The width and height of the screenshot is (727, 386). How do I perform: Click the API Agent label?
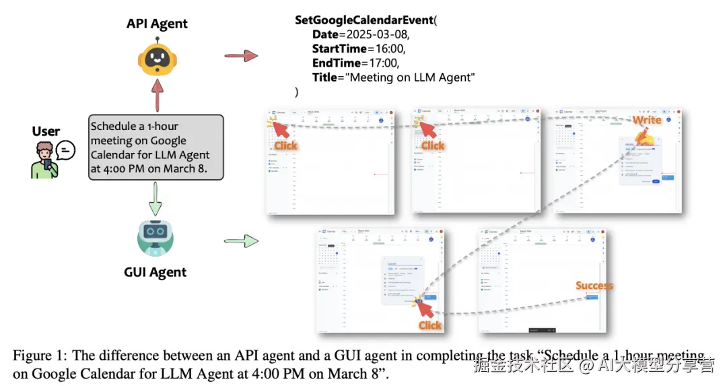click(157, 24)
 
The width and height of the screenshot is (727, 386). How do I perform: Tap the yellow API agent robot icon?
click(158, 58)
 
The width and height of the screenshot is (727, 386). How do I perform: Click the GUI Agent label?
click(155, 272)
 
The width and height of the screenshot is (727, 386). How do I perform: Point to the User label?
click(46, 131)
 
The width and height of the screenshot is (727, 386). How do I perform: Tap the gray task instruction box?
click(155, 147)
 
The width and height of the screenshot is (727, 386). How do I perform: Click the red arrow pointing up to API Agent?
click(157, 94)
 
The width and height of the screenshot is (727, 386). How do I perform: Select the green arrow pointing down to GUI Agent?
click(155, 198)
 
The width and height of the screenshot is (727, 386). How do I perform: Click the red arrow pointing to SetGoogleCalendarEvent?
click(241, 55)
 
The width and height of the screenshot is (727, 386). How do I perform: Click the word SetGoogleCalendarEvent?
click(363, 20)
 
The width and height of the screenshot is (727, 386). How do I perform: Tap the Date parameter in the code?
click(326, 34)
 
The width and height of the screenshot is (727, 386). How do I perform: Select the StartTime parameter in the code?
click(339, 49)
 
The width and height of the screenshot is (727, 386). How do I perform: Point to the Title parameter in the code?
click(326, 77)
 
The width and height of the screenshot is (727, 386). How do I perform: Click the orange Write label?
click(646, 120)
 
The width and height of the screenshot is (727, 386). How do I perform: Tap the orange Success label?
click(594, 286)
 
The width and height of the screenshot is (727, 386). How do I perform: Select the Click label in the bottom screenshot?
click(429, 325)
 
